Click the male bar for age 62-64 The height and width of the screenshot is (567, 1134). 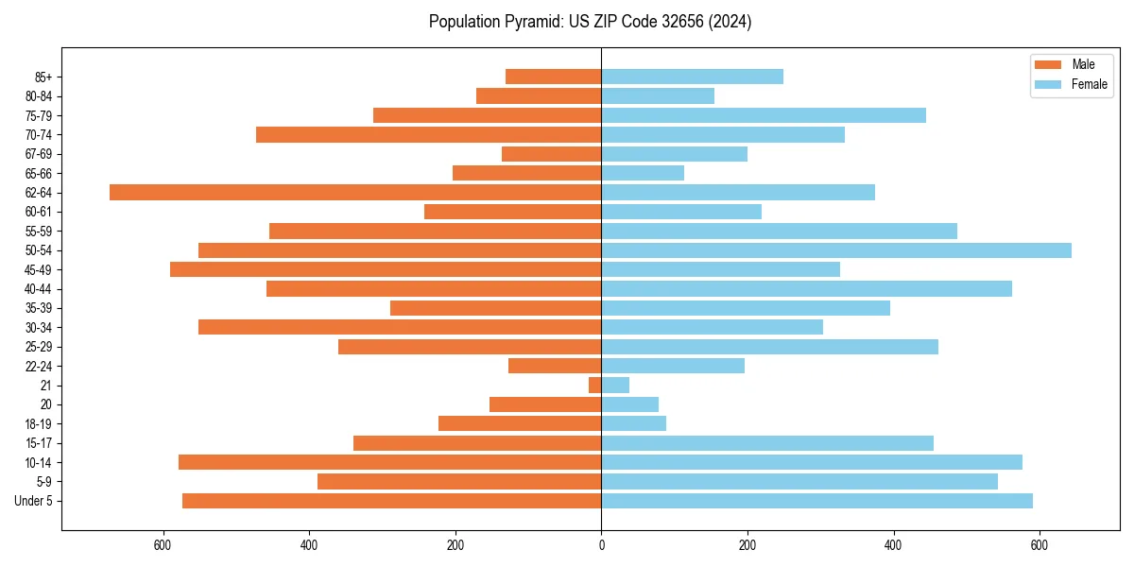(355, 193)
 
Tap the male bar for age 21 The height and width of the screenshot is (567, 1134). (594, 386)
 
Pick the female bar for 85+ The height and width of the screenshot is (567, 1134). (692, 77)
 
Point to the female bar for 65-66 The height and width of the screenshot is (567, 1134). (643, 173)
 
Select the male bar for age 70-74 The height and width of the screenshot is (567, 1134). (428, 135)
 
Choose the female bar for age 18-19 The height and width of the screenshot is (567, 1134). (633, 424)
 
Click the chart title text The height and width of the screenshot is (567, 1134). (590, 22)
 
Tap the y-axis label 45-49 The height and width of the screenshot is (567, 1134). (39, 270)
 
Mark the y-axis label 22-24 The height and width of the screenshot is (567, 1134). (39, 367)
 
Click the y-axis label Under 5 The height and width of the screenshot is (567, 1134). (34, 501)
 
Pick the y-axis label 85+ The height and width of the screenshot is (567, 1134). (43, 77)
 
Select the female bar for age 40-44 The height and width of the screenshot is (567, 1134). (806, 289)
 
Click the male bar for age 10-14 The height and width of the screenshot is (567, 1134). (389, 462)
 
